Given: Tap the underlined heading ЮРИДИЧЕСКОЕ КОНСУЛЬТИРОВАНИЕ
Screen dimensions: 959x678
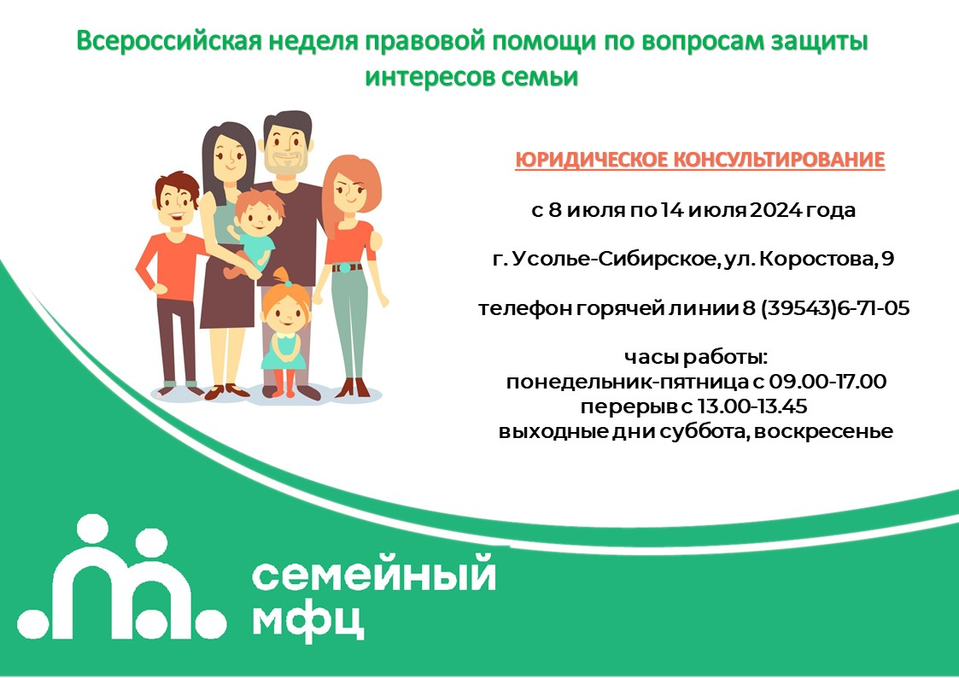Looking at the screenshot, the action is click(699, 161).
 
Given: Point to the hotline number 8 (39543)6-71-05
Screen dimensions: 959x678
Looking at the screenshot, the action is click(827, 308).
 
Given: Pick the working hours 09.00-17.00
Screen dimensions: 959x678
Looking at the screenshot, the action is click(827, 382).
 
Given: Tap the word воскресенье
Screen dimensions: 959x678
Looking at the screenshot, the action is click(823, 431).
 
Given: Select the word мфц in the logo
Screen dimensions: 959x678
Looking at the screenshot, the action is click(308, 622).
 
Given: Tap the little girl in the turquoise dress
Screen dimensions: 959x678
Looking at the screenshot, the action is click(284, 333).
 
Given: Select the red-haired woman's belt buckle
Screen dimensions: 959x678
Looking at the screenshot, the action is click(347, 268).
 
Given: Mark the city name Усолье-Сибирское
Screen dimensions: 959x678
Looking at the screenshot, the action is click(613, 260).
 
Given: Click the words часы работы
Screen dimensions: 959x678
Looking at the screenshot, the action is click(695, 357).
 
